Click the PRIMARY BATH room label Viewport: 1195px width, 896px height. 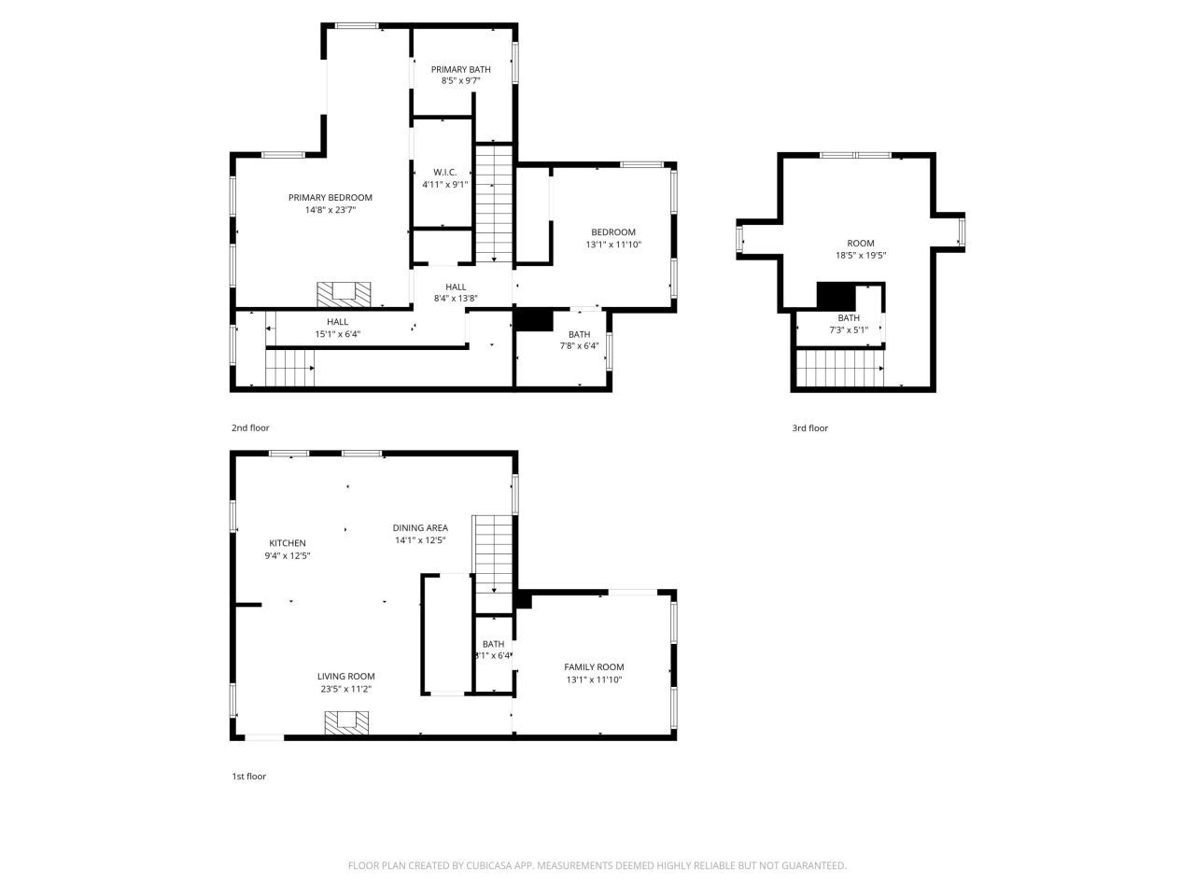[460, 69]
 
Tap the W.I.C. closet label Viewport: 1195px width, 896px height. [444, 172]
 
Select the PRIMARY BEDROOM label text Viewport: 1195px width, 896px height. [330, 197]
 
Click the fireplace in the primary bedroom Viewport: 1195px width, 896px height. [344, 294]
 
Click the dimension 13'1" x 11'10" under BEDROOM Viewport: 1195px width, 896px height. [613, 245]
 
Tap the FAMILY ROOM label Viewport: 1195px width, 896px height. [594, 666]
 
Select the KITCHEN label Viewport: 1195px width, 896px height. [288, 543]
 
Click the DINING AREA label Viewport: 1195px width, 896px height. [420, 527]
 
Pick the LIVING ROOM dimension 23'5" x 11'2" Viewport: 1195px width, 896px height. [345, 690]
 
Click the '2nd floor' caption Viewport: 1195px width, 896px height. [250, 427]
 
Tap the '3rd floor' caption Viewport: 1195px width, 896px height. [809, 428]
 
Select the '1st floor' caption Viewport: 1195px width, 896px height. [249, 776]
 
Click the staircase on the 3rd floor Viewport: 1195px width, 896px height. [839, 368]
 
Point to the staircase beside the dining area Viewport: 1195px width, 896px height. [493, 552]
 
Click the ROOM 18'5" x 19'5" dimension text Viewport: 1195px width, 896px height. [861, 256]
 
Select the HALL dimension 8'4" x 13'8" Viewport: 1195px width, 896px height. [456, 299]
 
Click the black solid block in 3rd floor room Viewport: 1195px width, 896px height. [836, 295]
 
